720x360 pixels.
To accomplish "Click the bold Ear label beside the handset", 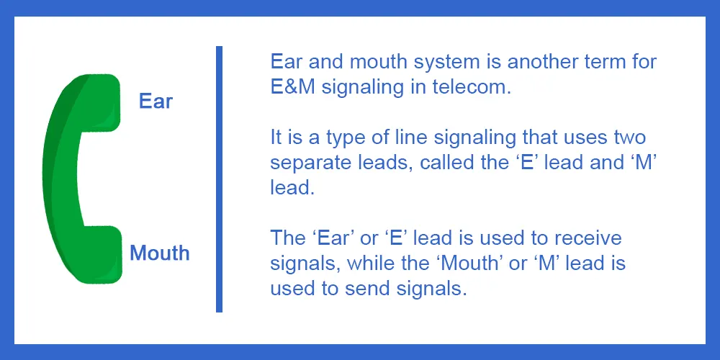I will [x=156, y=102].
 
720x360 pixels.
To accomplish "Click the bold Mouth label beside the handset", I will [x=160, y=253].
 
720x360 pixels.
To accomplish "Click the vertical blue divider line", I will [x=219, y=179].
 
